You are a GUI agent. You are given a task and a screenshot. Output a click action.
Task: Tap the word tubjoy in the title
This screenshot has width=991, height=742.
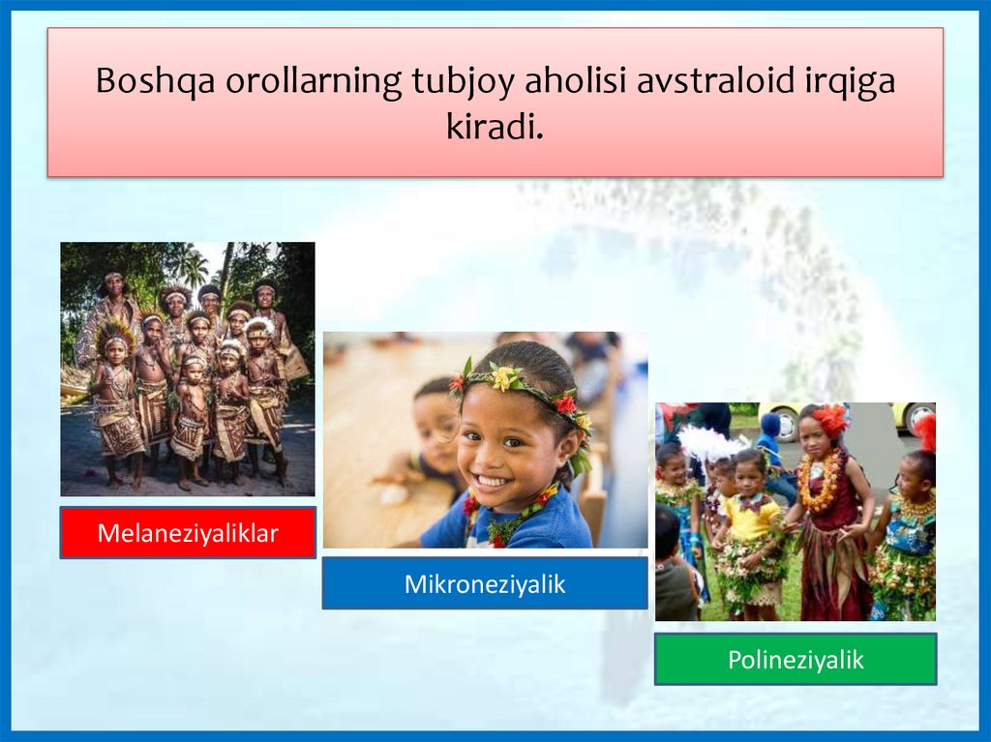(463, 81)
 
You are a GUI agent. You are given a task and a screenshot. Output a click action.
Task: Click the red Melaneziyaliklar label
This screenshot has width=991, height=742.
(188, 533)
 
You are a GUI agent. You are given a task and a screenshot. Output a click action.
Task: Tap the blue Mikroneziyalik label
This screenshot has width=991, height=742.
(485, 583)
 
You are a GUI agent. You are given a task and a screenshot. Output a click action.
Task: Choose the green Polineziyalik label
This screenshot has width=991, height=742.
(796, 659)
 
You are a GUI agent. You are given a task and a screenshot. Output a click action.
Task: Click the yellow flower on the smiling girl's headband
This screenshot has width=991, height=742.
(503, 377)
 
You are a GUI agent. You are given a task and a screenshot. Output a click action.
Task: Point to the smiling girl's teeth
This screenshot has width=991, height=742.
(492, 482)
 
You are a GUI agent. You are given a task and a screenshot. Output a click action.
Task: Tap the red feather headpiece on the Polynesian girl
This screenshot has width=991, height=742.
(829, 420)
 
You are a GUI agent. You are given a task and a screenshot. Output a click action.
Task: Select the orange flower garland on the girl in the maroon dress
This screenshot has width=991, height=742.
(821, 481)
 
